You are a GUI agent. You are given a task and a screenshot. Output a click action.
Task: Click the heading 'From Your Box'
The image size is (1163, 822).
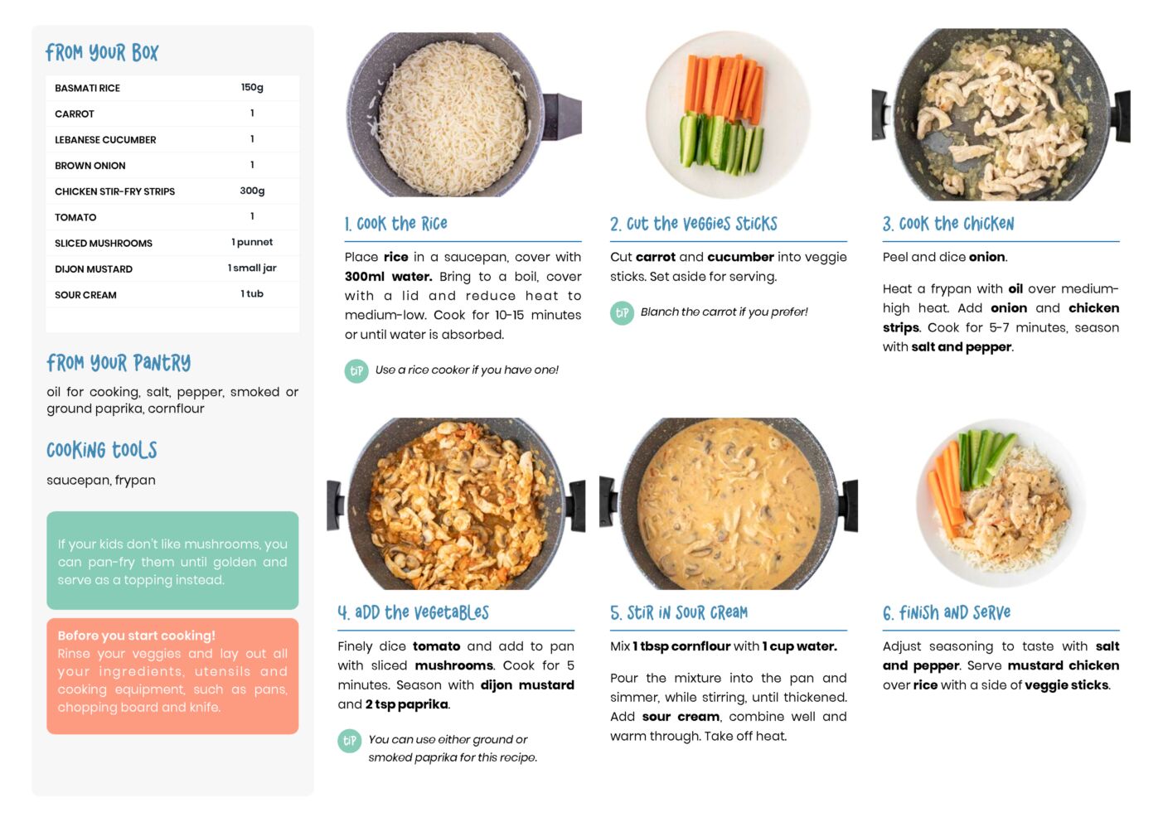tap(102, 52)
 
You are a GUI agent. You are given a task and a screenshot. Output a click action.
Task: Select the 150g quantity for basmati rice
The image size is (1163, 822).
tap(252, 87)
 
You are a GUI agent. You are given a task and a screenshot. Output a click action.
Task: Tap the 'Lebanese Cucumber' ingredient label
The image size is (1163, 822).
tap(105, 139)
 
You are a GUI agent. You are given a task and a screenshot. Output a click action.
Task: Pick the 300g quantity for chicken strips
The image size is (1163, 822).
tap(252, 191)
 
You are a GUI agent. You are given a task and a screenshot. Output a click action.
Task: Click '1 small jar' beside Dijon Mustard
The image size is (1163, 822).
tap(252, 268)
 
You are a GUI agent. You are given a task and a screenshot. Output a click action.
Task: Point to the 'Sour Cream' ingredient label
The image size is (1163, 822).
tap(85, 295)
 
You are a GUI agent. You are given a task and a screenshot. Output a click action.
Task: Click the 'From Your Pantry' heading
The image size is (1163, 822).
tap(119, 363)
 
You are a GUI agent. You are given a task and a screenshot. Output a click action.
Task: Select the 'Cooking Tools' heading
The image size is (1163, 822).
tap(102, 450)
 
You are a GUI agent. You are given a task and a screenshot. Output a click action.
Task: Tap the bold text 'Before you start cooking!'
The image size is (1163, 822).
tap(137, 636)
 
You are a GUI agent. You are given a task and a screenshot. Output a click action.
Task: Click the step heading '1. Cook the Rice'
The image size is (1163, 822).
tap(395, 224)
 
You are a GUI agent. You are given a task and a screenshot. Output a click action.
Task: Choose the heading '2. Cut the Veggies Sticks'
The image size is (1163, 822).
tap(694, 224)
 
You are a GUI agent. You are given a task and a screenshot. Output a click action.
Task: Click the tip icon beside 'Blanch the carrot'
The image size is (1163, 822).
tap(622, 313)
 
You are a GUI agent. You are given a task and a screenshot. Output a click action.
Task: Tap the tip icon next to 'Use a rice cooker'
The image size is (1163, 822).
tap(356, 371)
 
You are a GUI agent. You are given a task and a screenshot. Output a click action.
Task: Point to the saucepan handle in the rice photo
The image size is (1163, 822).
tap(561, 116)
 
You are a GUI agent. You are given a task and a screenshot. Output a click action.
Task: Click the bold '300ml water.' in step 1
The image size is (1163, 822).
tap(389, 277)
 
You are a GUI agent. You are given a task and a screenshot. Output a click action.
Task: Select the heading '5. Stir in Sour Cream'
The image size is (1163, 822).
tap(679, 612)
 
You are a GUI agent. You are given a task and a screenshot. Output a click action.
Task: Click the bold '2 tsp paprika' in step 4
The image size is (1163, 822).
tap(406, 704)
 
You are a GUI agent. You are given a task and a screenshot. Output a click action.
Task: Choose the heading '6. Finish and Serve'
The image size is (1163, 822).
tap(947, 612)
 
